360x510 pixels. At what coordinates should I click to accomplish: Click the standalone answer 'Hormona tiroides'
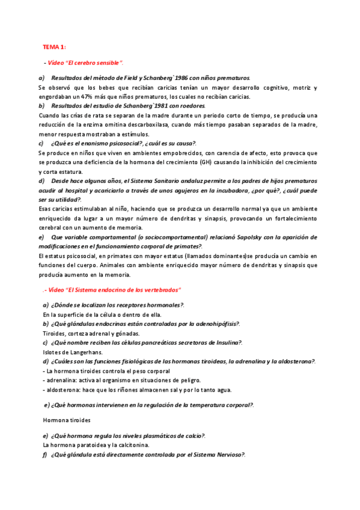point(67,420)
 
